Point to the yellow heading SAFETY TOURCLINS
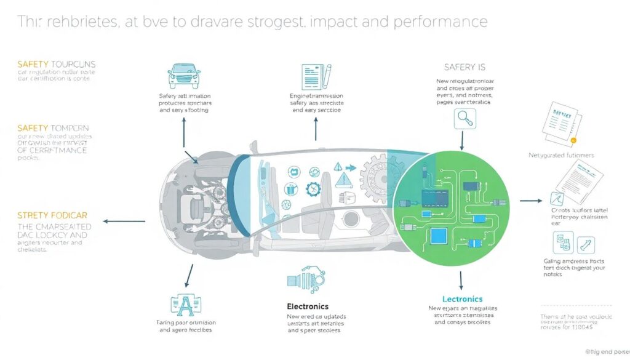(57, 64)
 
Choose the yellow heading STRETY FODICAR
(52, 215)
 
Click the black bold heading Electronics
(308, 306)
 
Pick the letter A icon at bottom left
(185, 305)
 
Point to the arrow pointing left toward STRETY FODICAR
(124, 220)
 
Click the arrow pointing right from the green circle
(531, 201)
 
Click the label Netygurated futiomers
(561, 155)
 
